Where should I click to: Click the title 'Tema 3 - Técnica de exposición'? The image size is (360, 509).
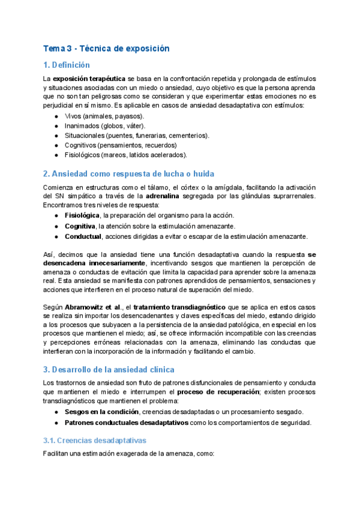106,48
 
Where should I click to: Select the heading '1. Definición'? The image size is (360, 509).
66,65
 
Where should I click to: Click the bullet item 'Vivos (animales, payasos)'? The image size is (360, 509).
104,116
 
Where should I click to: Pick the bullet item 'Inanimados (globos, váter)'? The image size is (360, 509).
107,125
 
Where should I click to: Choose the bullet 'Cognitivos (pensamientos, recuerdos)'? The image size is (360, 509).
121,145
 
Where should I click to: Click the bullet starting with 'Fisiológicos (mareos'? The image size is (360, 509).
126,154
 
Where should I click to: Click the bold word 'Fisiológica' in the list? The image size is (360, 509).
82,215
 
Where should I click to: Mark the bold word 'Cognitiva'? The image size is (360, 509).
80,226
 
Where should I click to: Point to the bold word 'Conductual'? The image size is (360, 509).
83,236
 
